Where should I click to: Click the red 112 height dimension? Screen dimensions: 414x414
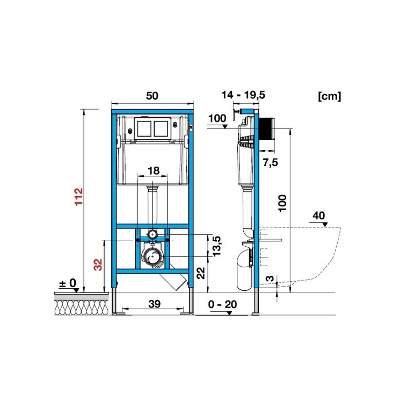pos(79,197)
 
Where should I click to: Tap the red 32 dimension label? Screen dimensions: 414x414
pos(98,265)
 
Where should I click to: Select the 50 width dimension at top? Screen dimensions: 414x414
pos(152,96)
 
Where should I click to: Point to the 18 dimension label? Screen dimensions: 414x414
pos(154,170)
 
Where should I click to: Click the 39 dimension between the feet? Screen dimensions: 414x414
pos(154,304)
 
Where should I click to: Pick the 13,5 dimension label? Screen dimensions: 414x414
pos(216,246)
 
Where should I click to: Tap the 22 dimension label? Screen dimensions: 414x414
pos(201,273)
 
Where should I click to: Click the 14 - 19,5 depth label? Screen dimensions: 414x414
pos(243,95)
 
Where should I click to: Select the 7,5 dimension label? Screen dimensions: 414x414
pos(271,162)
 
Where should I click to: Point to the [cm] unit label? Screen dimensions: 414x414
pos(330,96)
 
